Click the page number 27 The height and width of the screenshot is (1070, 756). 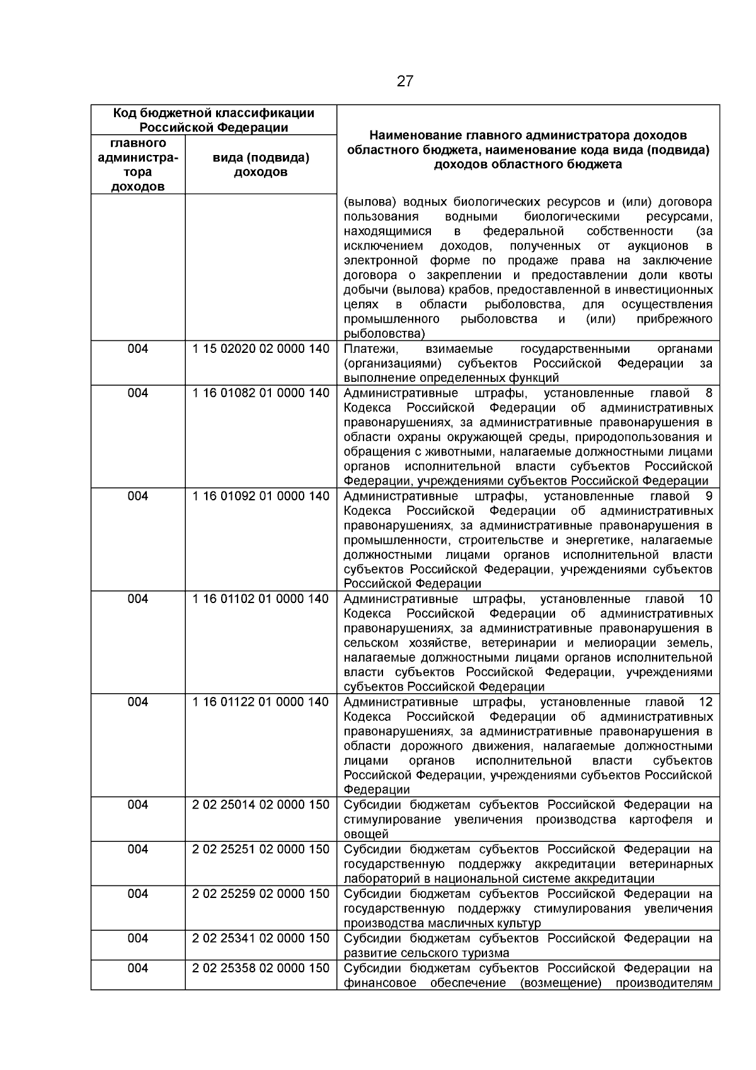pyautogui.click(x=405, y=81)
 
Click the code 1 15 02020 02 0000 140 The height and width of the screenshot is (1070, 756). pyautogui.click(x=260, y=349)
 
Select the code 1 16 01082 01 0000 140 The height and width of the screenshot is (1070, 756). pyautogui.click(x=260, y=393)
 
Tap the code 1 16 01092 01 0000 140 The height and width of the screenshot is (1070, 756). pyautogui.click(x=260, y=497)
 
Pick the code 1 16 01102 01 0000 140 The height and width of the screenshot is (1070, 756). pyautogui.click(x=260, y=599)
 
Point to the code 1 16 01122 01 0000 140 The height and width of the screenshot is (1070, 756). pyautogui.click(x=260, y=702)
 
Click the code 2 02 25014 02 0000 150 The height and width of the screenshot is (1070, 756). pyautogui.click(x=260, y=805)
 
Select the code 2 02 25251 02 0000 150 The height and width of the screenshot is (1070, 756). pyautogui.click(x=260, y=849)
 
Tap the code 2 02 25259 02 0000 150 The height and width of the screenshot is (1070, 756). pyautogui.click(x=260, y=894)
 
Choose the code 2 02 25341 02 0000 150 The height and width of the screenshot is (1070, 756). pyautogui.click(x=260, y=938)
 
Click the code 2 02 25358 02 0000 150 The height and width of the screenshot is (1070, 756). pyautogui.click(x=260, y=969)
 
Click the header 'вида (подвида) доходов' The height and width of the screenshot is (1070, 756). pyautogui.click(x=261, y=165)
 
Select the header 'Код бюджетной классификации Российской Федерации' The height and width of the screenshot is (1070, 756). pyautogui.click(x=214, y=120)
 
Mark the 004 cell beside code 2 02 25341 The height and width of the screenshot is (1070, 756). pyautogui.click(x=137, y=938)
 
